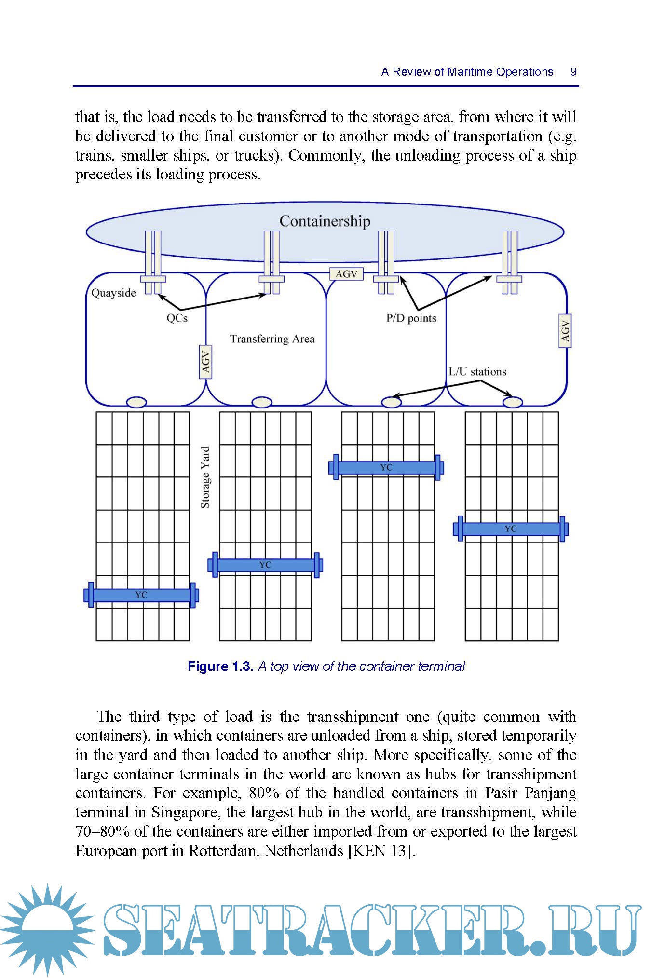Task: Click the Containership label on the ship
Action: tap(325, 221)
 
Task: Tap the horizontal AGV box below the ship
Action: tap(346, 274)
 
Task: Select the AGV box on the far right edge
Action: tap(565, 330)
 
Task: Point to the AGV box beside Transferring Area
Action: tap(206, 362)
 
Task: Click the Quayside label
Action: tap(114, 293)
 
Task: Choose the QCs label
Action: tap(177, 318)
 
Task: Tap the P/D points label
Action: tap(411, 318)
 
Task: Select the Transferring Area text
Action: tap(272, 339)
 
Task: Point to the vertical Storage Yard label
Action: tap(205, 477)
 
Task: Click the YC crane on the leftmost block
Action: tap(141, 595)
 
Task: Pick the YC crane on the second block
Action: tap(265, 565)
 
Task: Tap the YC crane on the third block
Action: tap(386, 467)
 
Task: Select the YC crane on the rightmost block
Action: tap(511, 529)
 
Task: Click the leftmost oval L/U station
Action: tap(136, 402)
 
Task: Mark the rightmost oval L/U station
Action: tap(513, 402)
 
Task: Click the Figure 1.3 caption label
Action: tap(220, 666)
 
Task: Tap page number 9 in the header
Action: tap(573, 72)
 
